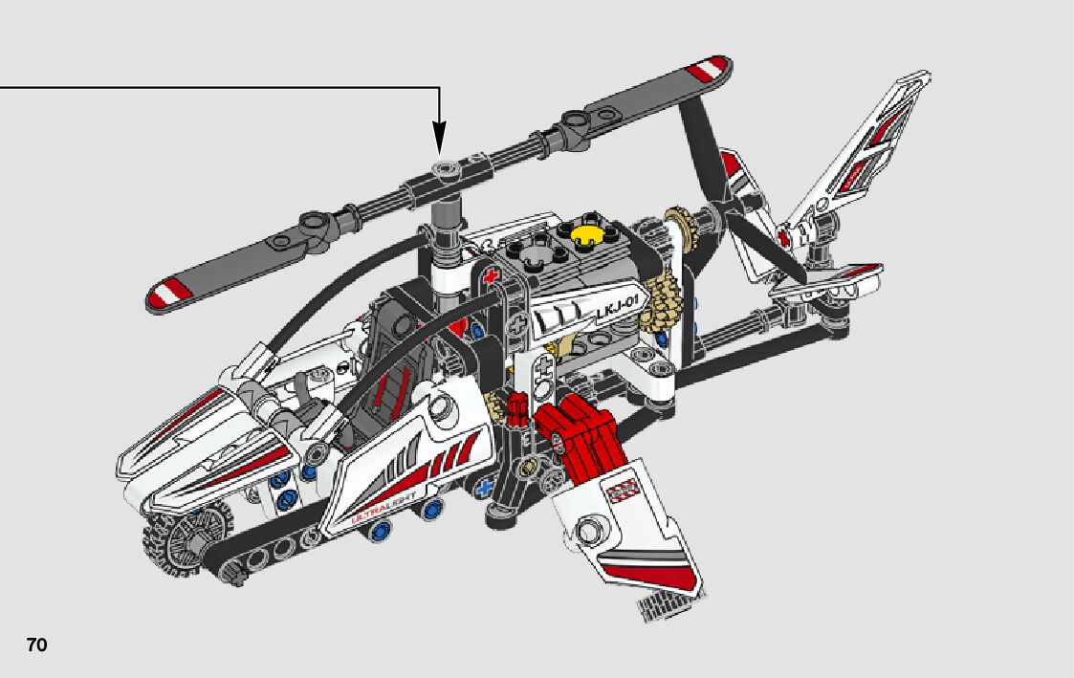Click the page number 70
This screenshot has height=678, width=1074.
(36, 645)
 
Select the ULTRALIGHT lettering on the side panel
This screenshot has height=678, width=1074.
(382, 513)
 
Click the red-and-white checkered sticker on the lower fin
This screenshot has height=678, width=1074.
(623, 491)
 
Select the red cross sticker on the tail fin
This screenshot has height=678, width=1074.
(785, 236)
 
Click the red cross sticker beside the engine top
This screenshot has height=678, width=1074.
(493, 278)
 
